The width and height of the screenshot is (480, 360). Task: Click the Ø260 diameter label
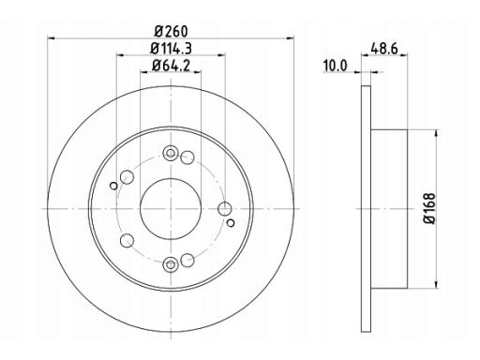[172, 31]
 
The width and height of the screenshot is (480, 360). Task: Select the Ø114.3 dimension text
[171, 49]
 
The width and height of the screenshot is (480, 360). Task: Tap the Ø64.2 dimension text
[171, 66]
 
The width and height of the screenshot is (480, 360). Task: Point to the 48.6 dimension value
[384, 49]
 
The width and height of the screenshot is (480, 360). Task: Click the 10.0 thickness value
[335, 66]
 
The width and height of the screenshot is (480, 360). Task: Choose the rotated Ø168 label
[429, 208]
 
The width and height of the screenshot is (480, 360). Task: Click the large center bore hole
[171, 209]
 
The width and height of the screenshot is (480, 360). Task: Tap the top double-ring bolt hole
[171, 153]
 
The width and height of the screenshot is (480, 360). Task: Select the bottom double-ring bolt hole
[171, 264]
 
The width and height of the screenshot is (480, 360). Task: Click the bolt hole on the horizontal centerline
[225, 209]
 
